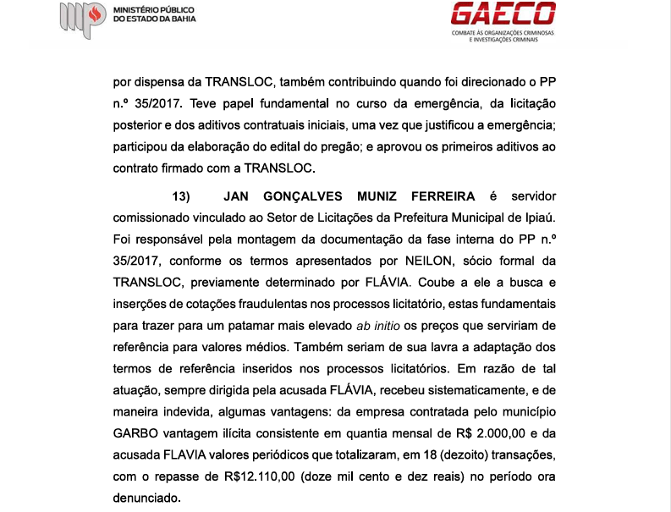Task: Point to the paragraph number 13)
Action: [x=182, y=196]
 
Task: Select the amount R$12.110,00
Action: [x=254, y=476]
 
